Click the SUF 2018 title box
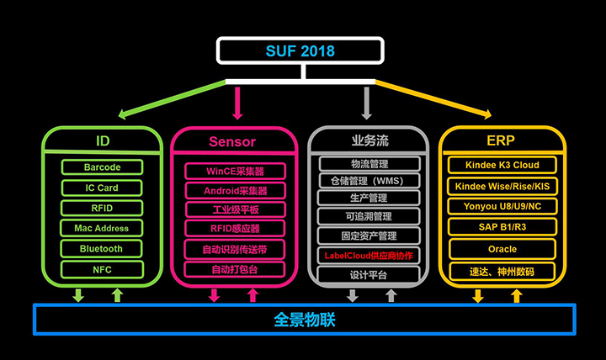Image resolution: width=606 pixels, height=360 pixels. click(300, 50)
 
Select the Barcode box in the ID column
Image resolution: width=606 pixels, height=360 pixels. click(102, 167)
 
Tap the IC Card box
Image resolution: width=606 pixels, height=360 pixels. click(102, 188)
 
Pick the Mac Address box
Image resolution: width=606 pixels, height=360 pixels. click(101, 228)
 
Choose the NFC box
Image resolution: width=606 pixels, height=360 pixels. click(102, 270)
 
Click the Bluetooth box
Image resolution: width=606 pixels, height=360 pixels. click(101, 249)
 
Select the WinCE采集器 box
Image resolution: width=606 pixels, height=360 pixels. click(235, 171)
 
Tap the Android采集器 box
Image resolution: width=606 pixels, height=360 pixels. click(236, 191)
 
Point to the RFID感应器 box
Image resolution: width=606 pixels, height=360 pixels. click(235, 228)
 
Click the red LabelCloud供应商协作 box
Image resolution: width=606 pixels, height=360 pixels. click(369, 256)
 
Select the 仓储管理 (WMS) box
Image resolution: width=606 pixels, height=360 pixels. click(369, 181)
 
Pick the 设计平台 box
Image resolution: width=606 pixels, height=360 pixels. click(369, 275)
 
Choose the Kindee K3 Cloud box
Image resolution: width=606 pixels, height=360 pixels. click(502, 165)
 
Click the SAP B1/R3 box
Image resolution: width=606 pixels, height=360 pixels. click(502, 227)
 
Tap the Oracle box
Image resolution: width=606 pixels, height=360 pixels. click(502, 249)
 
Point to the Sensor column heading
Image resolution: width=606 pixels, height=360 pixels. click(232, 142)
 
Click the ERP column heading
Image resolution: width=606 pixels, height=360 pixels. click(501, 140)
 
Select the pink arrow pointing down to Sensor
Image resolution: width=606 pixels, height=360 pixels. click(237, 103)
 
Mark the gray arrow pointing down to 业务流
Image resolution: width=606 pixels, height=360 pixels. click(366, 103)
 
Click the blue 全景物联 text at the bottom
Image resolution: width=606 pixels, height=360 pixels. click(305, 320)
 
